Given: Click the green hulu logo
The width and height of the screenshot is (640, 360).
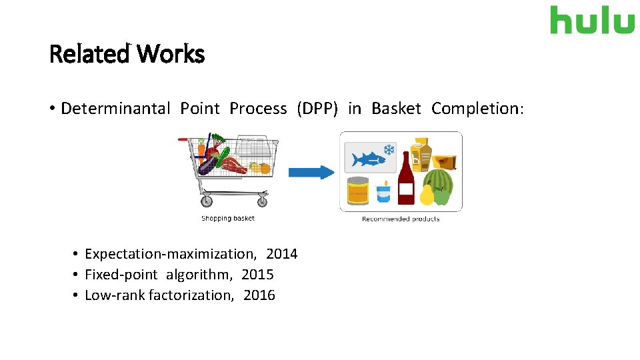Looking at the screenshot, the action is pyautogui.click(x=592, y=20).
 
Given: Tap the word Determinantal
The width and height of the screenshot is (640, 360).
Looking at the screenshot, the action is pyautogui.click(x=115, y=109).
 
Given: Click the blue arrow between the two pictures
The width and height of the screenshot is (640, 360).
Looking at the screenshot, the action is pyautogui.click(x=311, y=172).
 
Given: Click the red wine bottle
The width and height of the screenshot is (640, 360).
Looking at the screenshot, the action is pyautogui.click(x=405, y=180).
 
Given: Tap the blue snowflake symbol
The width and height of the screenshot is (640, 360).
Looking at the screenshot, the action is pyautogui.click(x=388, y=150).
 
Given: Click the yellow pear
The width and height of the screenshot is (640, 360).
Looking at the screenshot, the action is pyautogui.click(x=426, y=195).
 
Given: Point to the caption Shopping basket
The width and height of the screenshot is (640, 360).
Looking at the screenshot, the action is pyautogui.click(x=228, y=218).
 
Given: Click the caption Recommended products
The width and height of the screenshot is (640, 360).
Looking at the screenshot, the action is pyautogui.click(x=401, y=219).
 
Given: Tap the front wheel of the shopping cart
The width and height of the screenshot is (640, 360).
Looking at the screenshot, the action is pyautogui.click(x=262, y=200).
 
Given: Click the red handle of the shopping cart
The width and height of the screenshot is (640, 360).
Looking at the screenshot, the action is pyautogui.click(x=183, y=139).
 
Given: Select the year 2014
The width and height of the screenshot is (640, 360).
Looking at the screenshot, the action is pyautogui.click(x=281, y=254).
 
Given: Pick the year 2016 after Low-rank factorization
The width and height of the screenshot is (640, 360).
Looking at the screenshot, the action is pyautogui.click(x=259, y=295).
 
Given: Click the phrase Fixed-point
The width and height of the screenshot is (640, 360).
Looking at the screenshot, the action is pyautogui.click(x=121, y=275).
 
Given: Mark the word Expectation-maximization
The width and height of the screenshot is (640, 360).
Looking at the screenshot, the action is pyautogui.click(x=170, y=254).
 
